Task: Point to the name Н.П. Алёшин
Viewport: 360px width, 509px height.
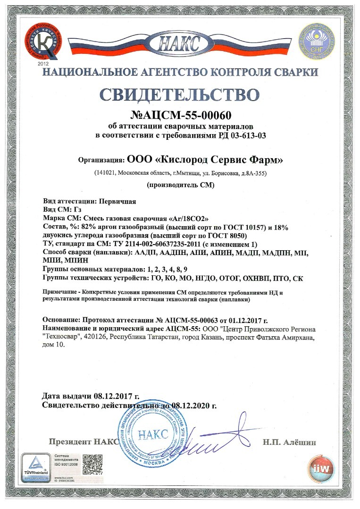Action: pos(289,442)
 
